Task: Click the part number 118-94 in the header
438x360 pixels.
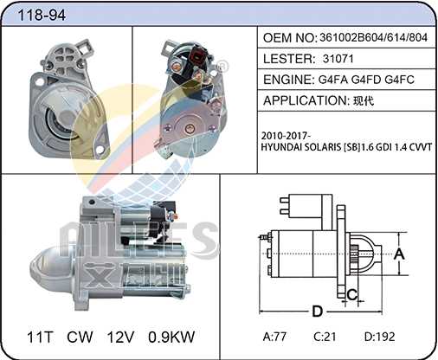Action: click(x=42, y=15)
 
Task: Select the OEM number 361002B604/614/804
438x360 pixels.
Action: click(x=373, y=37)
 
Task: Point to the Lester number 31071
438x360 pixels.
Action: click(x=338, y=59)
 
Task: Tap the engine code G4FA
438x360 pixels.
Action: click(x=333, y=80)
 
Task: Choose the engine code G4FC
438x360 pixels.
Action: click(x=399, y=80)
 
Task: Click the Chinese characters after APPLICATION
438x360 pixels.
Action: click(x=364, y=100)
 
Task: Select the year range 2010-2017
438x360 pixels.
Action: click(x=286, y=135)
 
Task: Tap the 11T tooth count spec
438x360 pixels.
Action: click(x=40, y=337)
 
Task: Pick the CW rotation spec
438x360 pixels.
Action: click(x=80, y=337)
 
